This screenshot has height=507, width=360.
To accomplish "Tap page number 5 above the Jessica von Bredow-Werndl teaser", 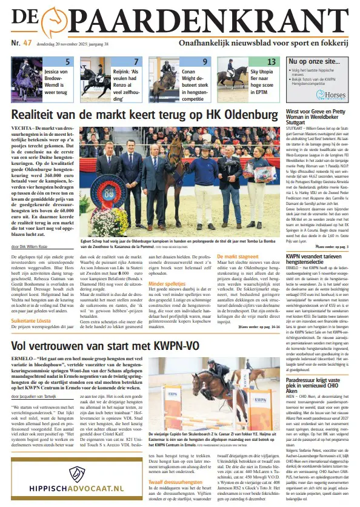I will [x=68, y=62].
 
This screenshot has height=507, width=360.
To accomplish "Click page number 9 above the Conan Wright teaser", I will [x=205, y=62].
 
